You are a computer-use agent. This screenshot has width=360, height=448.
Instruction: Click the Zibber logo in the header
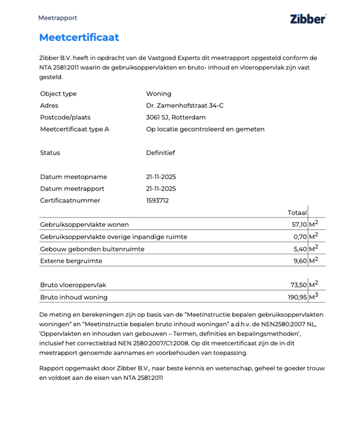pos(307,19)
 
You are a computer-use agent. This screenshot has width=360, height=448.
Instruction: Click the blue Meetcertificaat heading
pos(79,37)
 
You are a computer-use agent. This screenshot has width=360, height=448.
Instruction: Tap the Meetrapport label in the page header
pos(58,18)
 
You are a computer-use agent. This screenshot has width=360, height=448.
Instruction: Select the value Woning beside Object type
pos(159,94)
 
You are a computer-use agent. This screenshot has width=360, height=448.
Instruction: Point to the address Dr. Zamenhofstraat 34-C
pos(184,106)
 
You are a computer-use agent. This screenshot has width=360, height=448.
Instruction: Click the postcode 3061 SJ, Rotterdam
pos(173,117)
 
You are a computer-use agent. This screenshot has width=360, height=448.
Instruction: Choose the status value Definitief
pos(160,153)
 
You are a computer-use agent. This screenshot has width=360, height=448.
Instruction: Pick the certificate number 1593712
pos(158,201)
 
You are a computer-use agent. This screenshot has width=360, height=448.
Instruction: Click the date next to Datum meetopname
pos(161,177)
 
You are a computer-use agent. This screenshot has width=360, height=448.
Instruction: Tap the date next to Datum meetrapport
pos(161,188)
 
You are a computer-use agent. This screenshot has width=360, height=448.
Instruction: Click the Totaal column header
pos(297,213)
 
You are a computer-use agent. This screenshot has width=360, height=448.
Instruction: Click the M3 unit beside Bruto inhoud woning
pos(313,296)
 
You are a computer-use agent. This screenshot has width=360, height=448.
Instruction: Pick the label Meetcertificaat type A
pos(74,129)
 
